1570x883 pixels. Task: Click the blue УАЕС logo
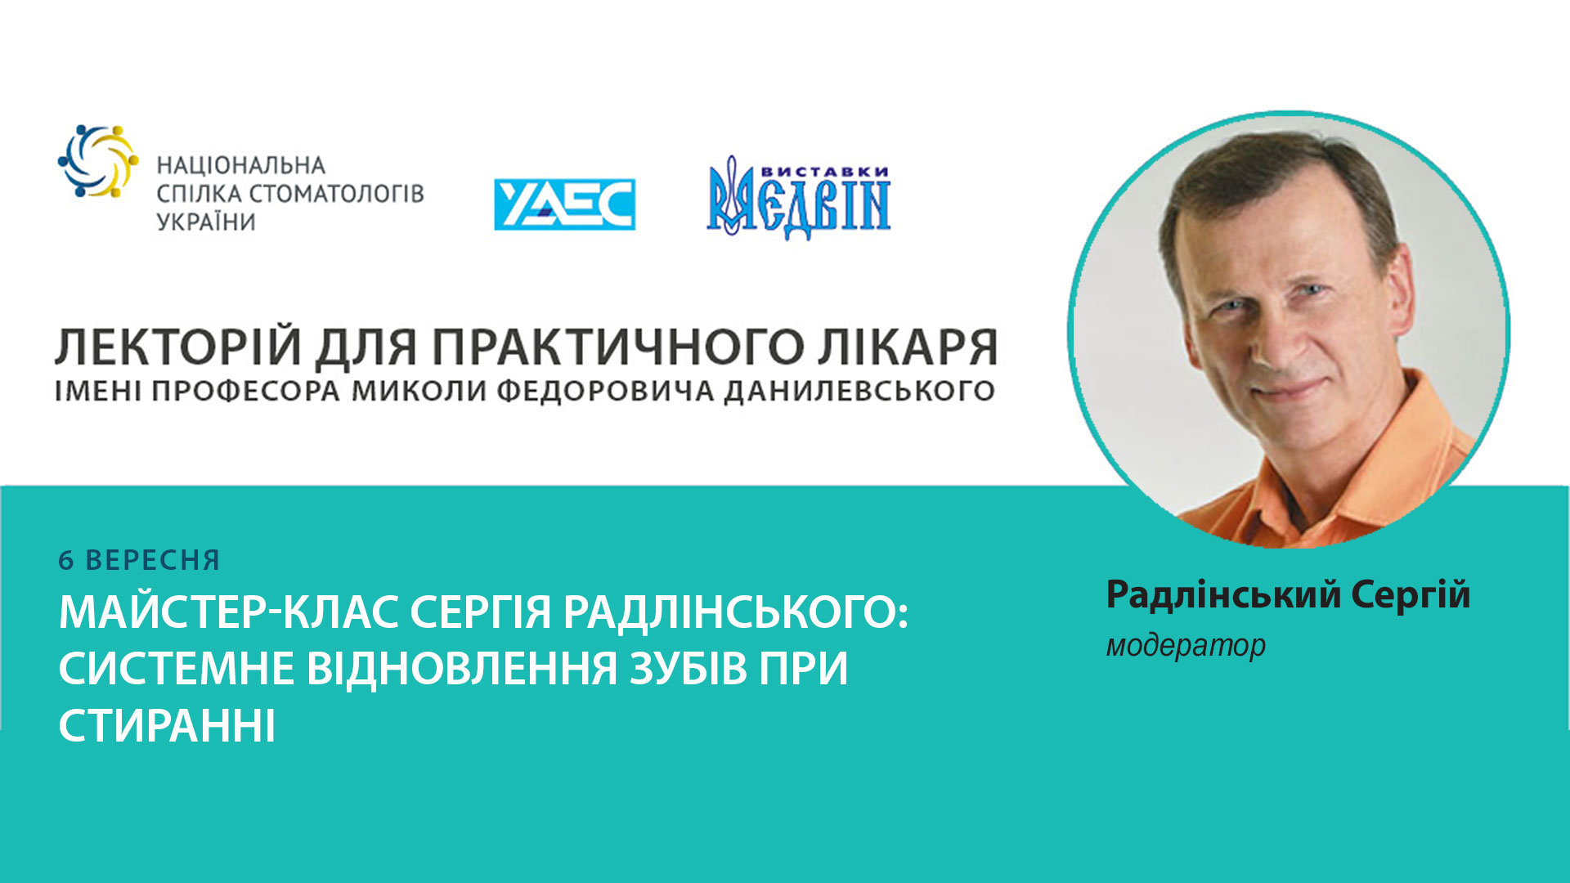coord(564,204)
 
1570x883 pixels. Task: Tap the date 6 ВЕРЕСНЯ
coord(139,560)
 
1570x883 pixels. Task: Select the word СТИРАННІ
coord(167,725)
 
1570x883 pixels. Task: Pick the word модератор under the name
coord(1186,646)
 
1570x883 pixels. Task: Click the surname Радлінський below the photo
coord(1223,594)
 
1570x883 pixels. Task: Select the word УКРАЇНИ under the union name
coord(206,222)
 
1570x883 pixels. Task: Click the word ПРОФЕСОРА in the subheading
coord(245,391)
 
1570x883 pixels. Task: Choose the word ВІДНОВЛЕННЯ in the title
coord(462,668)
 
